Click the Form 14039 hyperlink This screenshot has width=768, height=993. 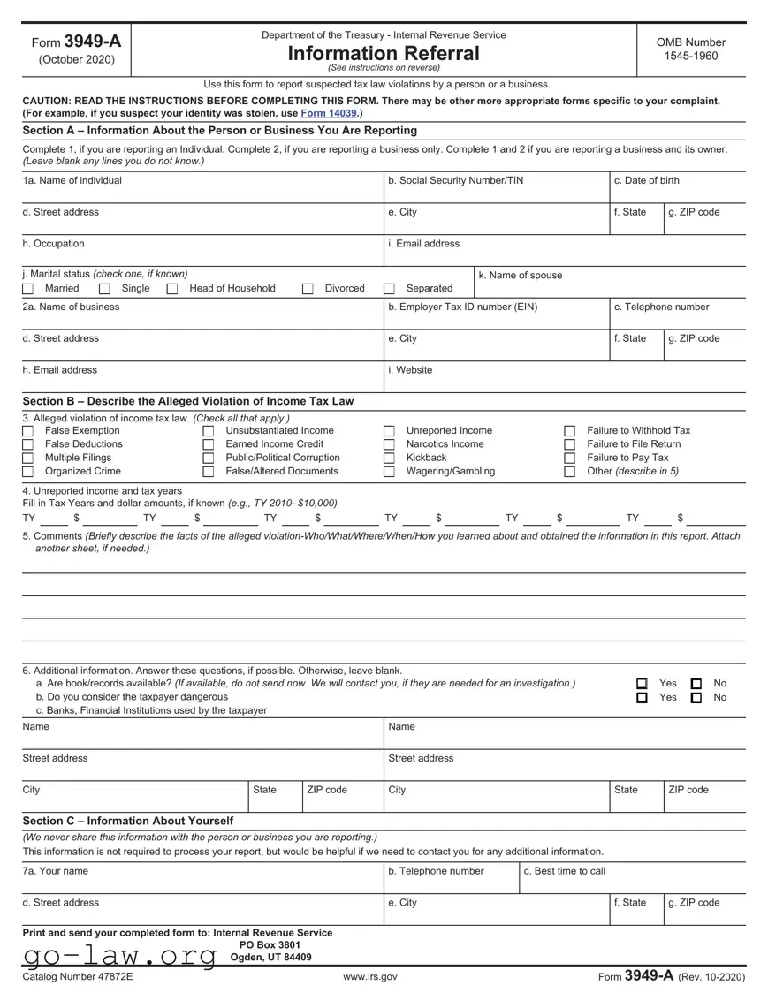[329, 114]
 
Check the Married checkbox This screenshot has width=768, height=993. [28, 289]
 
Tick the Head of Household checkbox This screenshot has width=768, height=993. [172, 289]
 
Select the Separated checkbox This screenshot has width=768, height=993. [389, 289]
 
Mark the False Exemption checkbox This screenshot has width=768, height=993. [28, 431]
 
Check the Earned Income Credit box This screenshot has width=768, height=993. [209, 444]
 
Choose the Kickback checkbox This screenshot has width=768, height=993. [389, 459]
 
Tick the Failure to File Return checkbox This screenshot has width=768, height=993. [570, 444]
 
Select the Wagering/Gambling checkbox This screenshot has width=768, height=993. [389, 472]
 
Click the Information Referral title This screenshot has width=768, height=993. [384, 54]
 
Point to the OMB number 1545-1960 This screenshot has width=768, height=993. [690, 57]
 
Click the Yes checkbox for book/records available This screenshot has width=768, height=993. [642, 684]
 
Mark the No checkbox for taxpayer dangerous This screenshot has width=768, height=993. [696, 698]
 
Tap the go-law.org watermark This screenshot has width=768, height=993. [119, 956]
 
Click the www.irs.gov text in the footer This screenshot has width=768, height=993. [369, 977]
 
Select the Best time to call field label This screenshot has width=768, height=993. [564, 871]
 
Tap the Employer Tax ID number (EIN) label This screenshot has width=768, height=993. [462, 307]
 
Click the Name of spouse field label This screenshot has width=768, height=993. [520, 276]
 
